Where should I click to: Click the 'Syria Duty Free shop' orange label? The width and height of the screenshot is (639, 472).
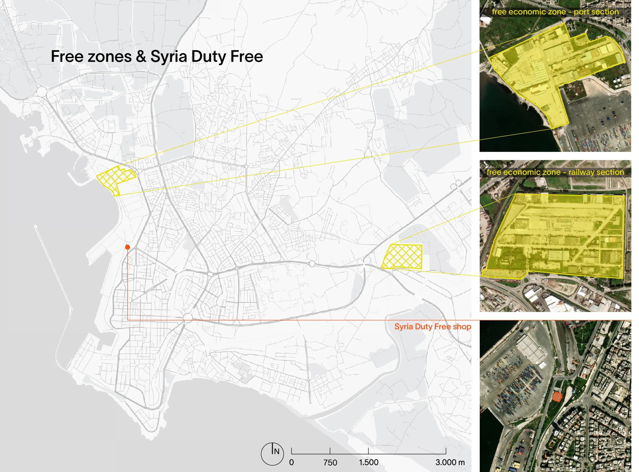click(x=433, y=326)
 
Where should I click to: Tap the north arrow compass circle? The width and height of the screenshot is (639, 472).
click(x=272, y=454)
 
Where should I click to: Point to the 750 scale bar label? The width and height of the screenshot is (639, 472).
click(x=330, y=462)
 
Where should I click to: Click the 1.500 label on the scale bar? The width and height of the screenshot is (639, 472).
click(x=369, y=462)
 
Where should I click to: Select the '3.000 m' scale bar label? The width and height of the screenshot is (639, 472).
click(x=450, y=462)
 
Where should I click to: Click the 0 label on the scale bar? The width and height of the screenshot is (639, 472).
click(x=291, y=462)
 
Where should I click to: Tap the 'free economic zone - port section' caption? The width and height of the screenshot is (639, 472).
click(x=555, y=12)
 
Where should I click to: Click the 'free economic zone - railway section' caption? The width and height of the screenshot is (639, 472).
click(x=555, y=172)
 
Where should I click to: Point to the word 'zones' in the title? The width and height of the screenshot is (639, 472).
click(x=110, y=56)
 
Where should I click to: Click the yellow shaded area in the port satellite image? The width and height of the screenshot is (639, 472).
click(x=542, y=71)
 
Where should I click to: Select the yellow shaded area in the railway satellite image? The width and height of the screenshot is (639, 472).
click(x=553, y=237)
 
